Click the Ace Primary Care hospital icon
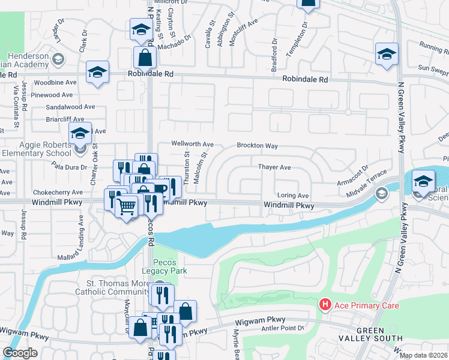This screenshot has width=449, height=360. click(325, 305)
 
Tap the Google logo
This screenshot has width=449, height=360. click(20, 353)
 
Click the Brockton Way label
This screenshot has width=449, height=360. click(257, 146)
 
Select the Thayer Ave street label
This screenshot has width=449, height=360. click(274, 167)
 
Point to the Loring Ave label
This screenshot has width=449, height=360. click(292, 196)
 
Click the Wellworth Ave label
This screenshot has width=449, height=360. click(192, 145)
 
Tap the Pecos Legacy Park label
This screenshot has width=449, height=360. click(170, 266)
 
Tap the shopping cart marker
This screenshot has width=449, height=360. click(127, 207)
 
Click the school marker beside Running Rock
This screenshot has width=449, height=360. click(387, 53)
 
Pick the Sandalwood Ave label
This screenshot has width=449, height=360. click(70, 107)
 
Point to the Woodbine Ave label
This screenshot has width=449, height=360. click(55, 82)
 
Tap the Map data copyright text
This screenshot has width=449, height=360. click(424, 355)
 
